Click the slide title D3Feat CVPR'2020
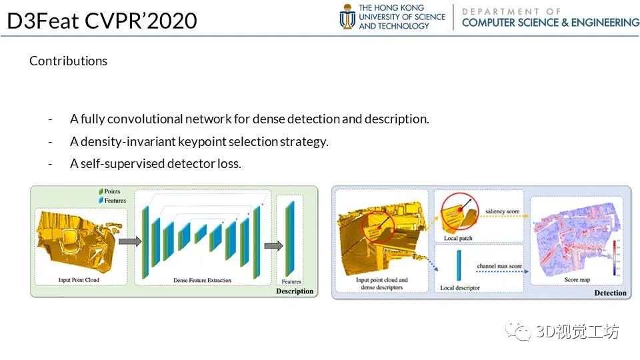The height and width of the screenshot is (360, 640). point(102,21)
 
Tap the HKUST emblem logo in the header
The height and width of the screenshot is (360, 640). point(347,17)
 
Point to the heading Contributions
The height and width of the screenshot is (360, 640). point(68,61)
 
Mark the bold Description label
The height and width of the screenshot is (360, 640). point(294,291)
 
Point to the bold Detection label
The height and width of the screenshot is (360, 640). point(610,293)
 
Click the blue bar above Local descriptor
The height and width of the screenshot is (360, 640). point(459,265)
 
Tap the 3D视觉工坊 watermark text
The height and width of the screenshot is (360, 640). point(577,331)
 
